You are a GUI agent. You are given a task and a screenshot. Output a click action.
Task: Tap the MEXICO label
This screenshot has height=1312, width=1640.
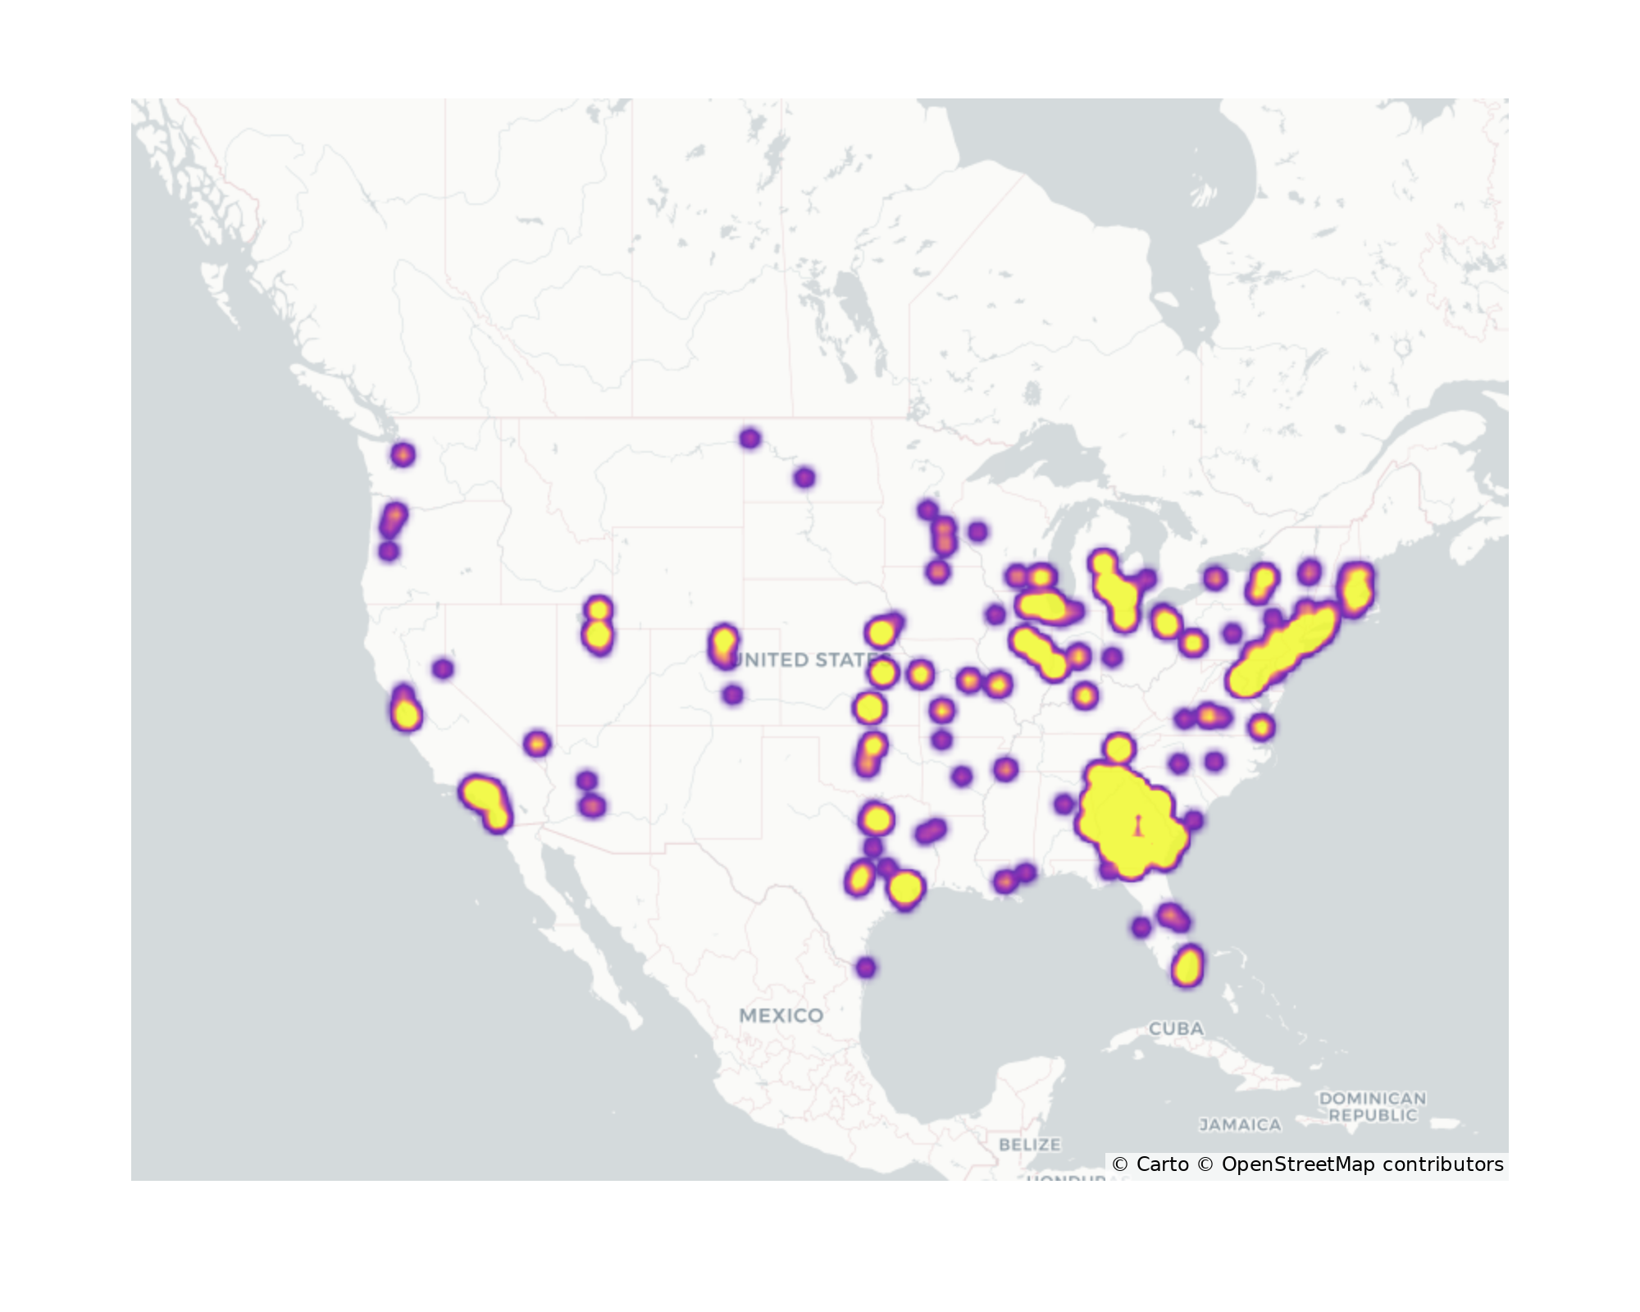[781, 1015]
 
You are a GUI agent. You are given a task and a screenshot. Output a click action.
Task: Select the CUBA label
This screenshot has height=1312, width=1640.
[1176, 1028]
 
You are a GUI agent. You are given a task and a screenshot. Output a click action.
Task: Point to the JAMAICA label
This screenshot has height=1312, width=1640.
[1240, 1125]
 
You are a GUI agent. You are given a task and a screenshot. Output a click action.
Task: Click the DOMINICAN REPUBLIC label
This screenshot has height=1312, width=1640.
[1372, 1106]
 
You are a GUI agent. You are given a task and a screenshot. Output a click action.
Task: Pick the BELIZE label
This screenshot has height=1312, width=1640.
[1029, 1144]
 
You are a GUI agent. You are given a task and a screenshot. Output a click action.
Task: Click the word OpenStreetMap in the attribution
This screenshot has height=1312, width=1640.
[1297, 1164]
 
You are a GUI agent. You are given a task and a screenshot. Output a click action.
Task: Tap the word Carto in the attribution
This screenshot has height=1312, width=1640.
[1162, 1164]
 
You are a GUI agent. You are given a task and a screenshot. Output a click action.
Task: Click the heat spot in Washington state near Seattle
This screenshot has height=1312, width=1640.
[403, 454]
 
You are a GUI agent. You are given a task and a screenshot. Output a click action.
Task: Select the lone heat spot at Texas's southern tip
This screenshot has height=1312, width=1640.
[866, 968]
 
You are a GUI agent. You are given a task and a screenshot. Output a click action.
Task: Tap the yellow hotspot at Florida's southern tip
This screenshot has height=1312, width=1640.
[1187, 966]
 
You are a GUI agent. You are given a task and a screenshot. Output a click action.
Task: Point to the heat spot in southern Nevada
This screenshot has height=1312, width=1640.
[536, 744]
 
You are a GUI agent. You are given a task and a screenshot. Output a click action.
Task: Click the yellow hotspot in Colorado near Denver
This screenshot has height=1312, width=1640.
[723, 644]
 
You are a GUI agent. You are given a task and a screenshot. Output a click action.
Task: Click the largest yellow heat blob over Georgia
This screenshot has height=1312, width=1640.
[1130, 820]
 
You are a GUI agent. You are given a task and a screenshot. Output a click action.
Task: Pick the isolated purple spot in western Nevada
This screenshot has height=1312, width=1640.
[443, 669]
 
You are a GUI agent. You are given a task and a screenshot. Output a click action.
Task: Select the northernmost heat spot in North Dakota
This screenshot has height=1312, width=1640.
[749, 439]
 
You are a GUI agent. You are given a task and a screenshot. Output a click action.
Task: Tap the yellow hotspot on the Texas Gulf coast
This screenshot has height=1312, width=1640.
[905, 888]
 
